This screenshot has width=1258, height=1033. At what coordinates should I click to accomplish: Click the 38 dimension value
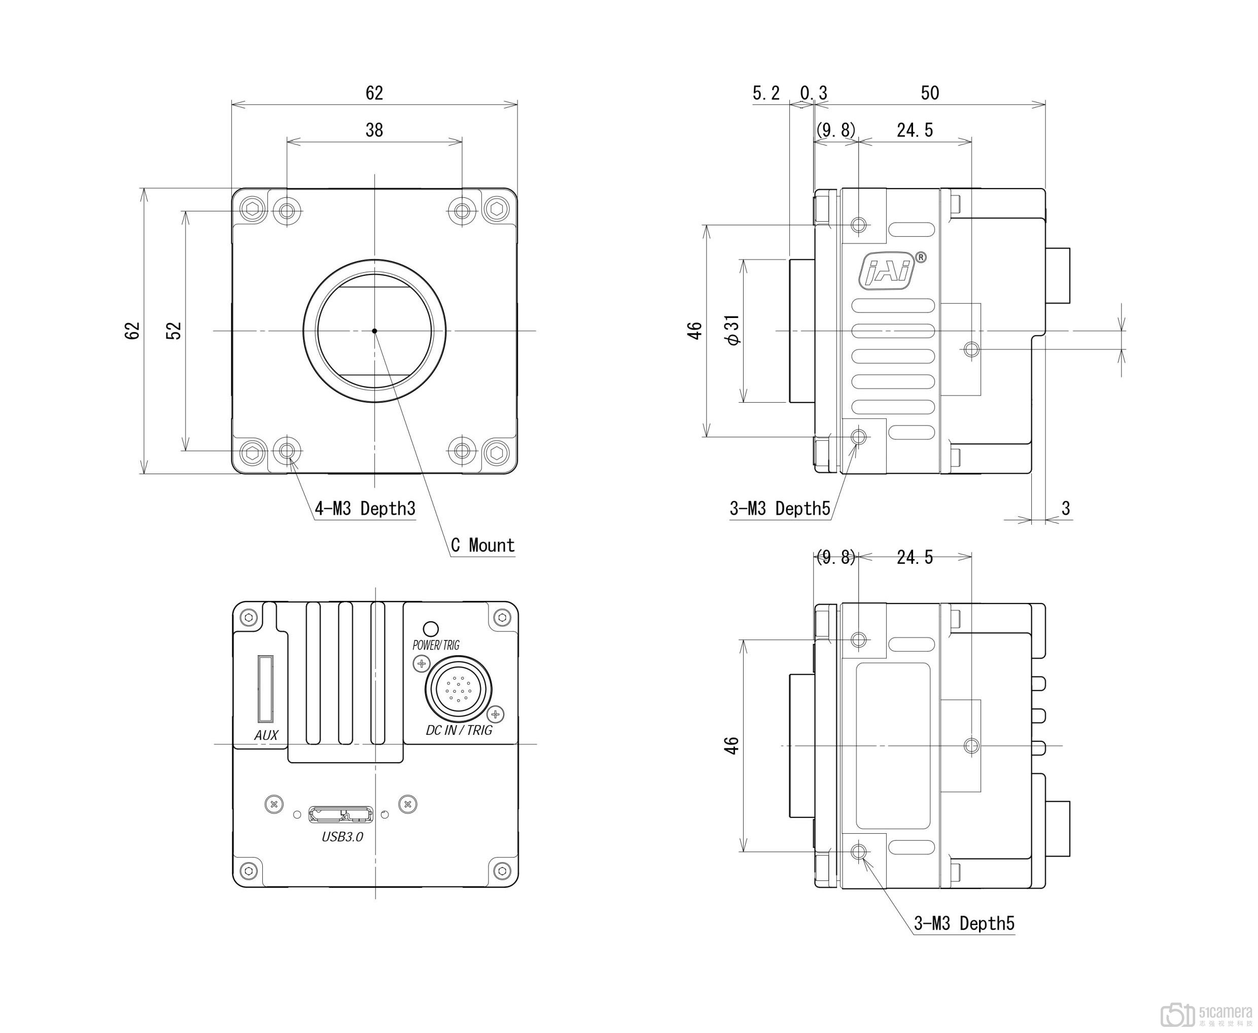pos(374,130)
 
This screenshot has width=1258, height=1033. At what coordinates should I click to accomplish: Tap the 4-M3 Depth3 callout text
pos(365,509)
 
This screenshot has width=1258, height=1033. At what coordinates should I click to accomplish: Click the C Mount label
pos(482,545)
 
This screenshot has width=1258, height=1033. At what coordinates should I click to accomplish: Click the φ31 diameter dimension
pos(733,330)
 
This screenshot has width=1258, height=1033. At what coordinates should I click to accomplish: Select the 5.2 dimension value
pos(766,93)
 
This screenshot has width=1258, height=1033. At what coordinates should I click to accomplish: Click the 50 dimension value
pos(929,93)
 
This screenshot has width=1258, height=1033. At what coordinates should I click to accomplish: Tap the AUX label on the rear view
pos(266,735)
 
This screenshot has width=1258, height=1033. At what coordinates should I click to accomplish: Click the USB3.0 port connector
pos(341,814)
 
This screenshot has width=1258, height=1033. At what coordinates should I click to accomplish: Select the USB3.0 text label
pos(342,837)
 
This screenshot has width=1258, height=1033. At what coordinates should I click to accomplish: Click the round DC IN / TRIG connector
pos(458,690)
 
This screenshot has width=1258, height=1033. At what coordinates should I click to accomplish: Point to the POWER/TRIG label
pos(436,645)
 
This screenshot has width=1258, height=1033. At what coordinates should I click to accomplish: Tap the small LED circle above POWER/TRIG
pos(430,629)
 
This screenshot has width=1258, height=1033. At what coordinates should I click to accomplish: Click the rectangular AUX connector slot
pos(265,688)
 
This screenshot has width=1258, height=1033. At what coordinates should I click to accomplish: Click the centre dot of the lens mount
pos(374,331)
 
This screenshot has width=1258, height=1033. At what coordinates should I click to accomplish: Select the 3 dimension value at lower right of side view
pos(1066,509)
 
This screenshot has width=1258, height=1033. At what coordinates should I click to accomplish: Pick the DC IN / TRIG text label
pos(459,730)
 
